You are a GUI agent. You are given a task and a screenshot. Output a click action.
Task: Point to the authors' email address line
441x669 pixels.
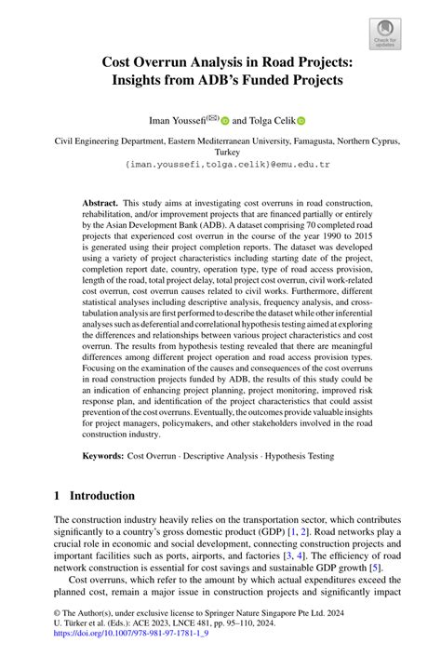(220, 163)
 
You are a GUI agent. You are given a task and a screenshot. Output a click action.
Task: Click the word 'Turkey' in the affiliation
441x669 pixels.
(220, 151)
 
